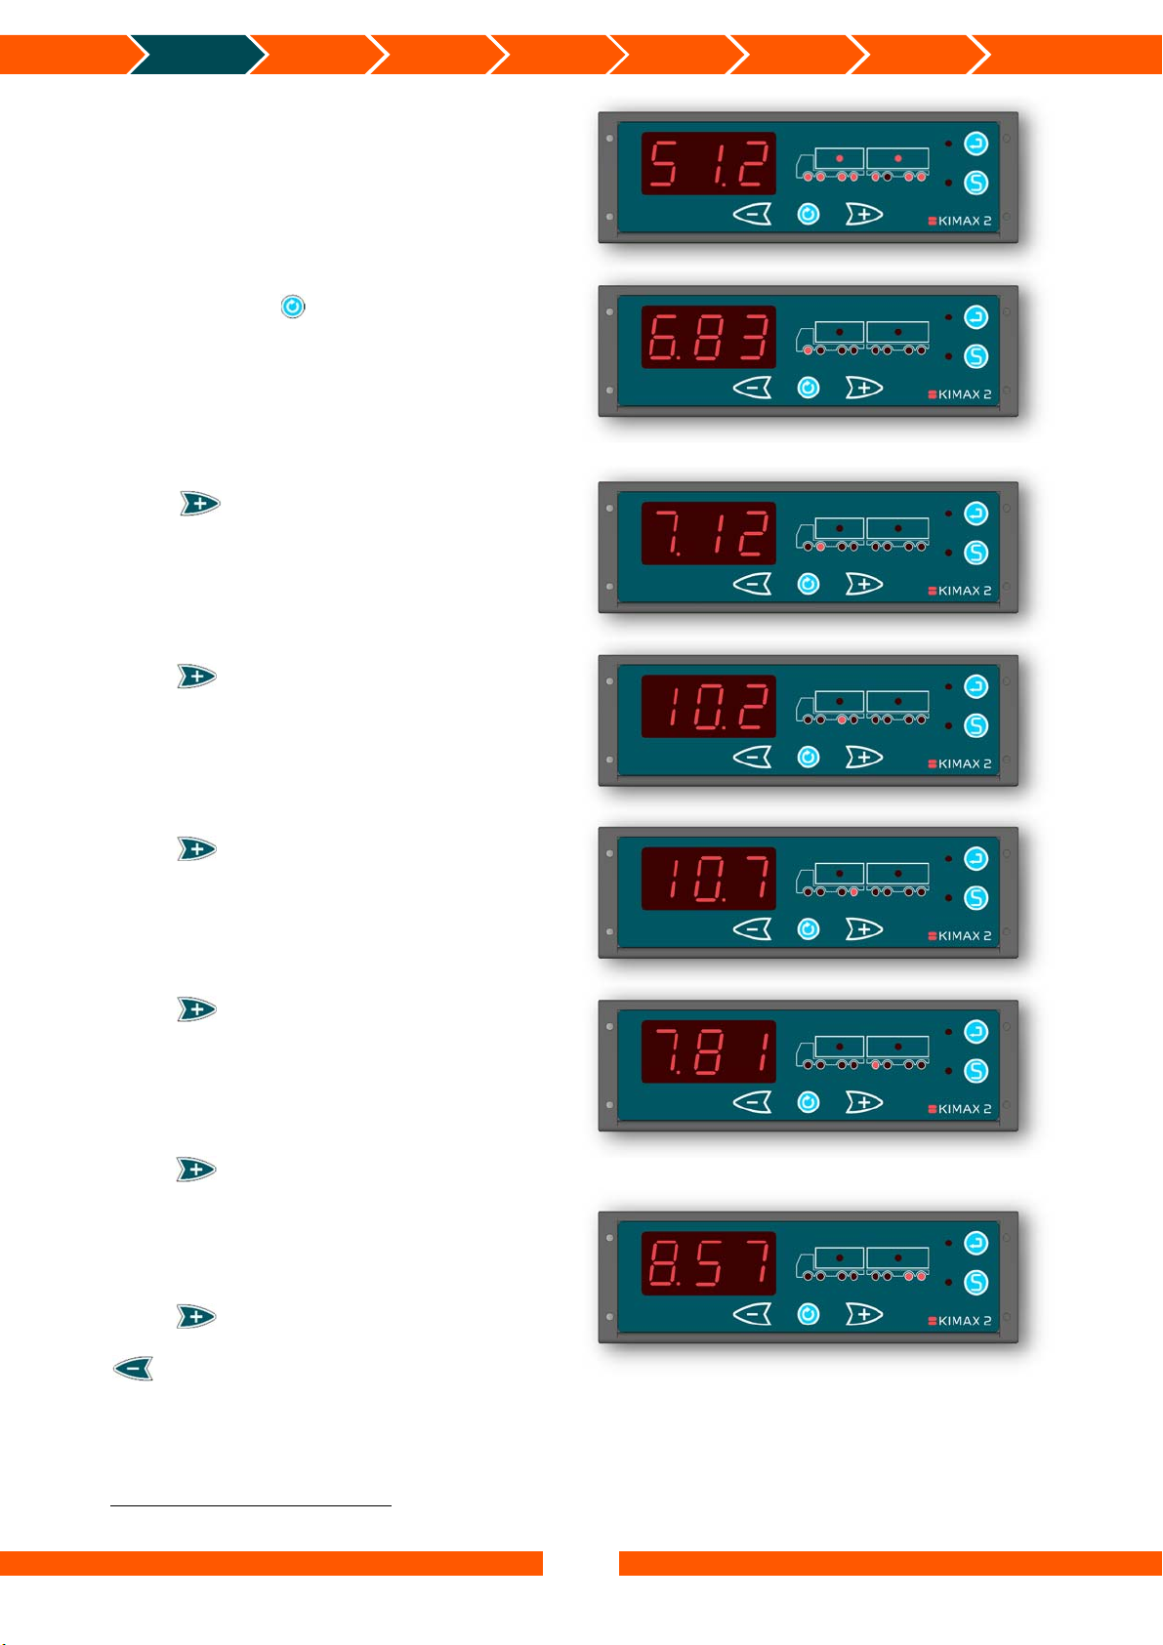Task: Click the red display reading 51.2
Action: click(x=708, y=163)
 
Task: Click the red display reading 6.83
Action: click(x=708, y=337)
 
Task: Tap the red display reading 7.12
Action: click(x=708, y=533)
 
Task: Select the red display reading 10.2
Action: click(x=708, y=706)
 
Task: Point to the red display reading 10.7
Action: click(x=708, y=879)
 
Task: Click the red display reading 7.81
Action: click(x=708, y=1051)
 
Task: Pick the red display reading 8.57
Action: click(x=708, y=1263)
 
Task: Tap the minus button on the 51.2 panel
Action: click(x=752, y=214)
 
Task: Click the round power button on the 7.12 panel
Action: click(x=809, y=584)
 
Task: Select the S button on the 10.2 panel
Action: click(x=976, y=725)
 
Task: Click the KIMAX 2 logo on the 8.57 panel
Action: click(x=959, y=1321)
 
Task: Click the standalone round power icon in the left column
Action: click(x=293, y=307)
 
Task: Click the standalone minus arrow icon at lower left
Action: click(x=134, y=1369)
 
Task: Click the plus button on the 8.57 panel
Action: click(x=863, y=1314)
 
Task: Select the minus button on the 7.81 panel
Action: click(x=752, y=1102)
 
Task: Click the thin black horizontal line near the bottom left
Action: click(x=251, y=1506)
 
